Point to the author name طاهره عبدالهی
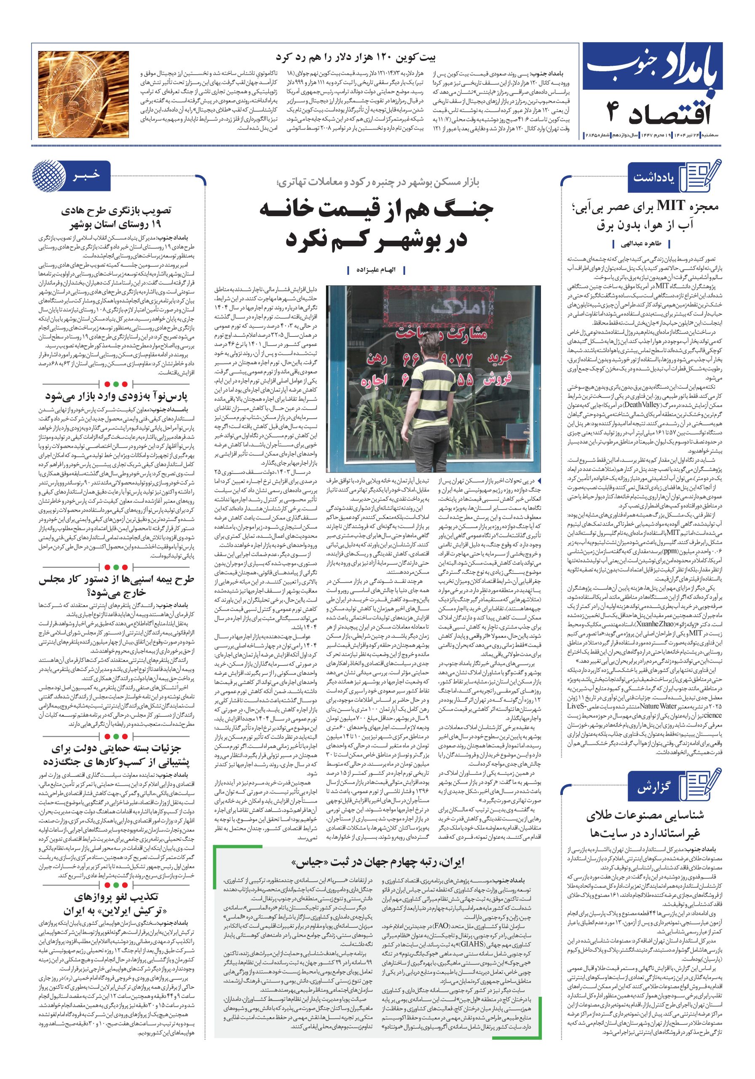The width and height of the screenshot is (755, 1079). pos(640,244)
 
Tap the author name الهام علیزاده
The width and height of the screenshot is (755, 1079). pos(374,270)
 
